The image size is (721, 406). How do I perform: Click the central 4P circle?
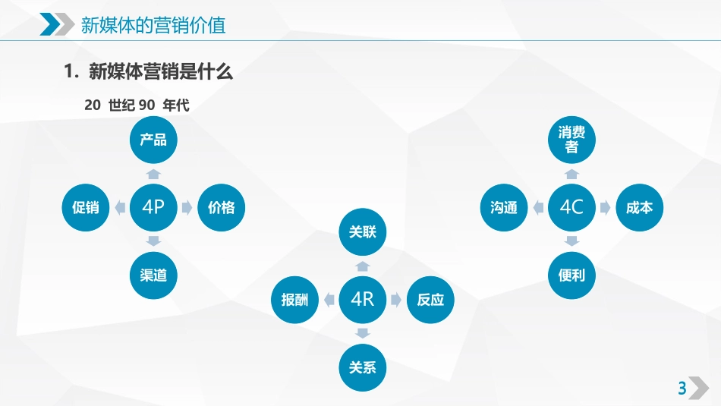tap(153, 206)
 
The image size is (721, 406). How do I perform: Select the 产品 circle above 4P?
tap(153, 139)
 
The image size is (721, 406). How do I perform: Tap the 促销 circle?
tap(86, 206)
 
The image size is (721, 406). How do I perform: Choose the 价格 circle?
tap(221, 206)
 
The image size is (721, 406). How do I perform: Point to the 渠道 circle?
tap(153, 274)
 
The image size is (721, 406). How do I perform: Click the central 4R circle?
tap(363, 299)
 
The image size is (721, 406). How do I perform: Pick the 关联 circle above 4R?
tap(363, 231)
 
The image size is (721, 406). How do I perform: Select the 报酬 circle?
tap(295, 299)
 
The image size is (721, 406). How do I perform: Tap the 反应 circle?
tap(430, 299)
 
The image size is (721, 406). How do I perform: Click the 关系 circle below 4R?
tap(363, 367)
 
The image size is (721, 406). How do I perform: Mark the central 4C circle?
tap(571, 206)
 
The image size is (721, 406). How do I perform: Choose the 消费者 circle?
tap(571, 140)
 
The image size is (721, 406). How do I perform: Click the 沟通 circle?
tap(504, 206)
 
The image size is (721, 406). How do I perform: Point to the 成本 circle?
tap(639, 206)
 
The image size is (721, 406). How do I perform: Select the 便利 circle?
tap(571, 274)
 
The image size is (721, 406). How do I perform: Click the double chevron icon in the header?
tap(52, 25)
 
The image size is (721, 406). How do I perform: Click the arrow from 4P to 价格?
tap(187, 206)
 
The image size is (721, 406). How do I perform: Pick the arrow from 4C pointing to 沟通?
tap(538, 206)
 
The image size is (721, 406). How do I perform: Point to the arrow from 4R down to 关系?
tap(363, 333)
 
